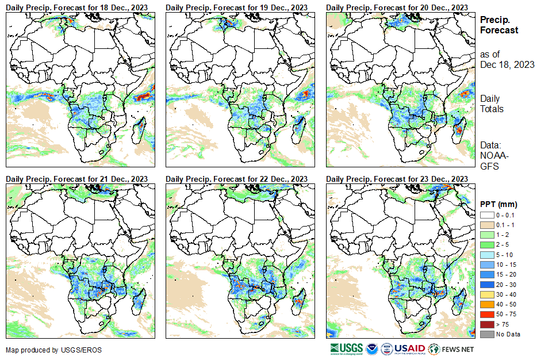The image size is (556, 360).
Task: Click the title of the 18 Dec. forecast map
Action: [x=76, y=6]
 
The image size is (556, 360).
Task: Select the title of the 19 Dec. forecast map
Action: [x=236, y=6]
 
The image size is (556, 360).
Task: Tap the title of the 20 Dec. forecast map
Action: [x=397, y=6]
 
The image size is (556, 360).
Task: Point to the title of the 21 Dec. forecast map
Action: [x=76, y=179]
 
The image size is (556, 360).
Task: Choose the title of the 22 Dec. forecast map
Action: [x=236, y=179]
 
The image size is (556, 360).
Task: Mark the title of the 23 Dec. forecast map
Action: [x=397, y=179]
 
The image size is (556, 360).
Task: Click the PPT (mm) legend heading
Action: [x=499, y=204]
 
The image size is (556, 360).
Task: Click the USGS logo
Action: [x=347, y=349]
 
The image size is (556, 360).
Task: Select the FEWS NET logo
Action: [x=451, y=349]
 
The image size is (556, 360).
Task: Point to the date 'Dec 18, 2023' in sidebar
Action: [x=507, y=64]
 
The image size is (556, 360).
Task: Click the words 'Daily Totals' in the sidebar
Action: [x=492, y=104]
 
